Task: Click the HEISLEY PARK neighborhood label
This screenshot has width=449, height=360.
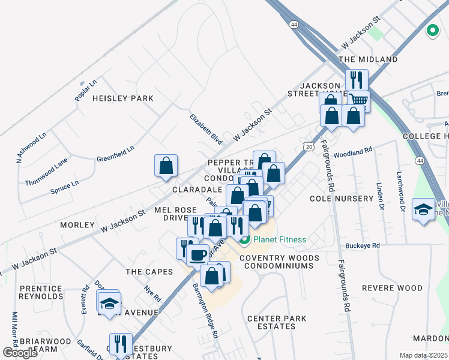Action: coord(122,98)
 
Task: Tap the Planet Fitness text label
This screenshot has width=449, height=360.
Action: coord(279,240)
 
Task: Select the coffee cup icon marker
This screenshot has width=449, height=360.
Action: coord(197,255)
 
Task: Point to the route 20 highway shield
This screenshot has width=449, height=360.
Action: coord(308,146)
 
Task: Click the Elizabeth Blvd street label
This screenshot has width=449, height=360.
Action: coord(206,129)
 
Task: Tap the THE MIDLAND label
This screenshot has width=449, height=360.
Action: coord(368,60)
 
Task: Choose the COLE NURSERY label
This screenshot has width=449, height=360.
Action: coord(342,198)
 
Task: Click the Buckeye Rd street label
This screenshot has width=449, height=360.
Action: coord(363,246)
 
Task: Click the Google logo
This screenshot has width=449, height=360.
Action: coord(20,352)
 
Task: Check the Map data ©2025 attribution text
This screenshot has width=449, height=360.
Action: coord(423,355)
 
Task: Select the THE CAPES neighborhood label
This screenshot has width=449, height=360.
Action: coord(149,272)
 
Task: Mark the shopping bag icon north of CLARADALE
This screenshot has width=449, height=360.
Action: coord(166,166)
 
